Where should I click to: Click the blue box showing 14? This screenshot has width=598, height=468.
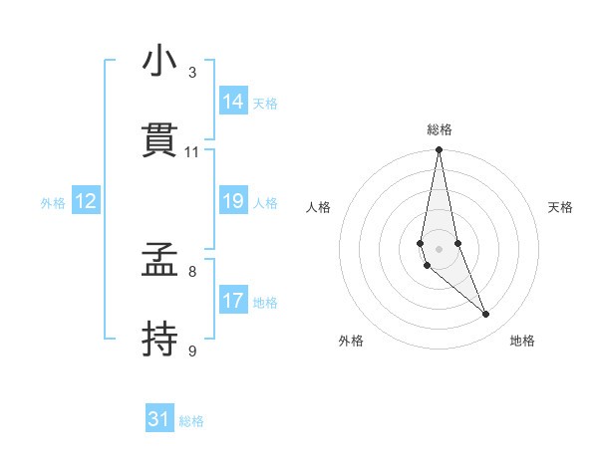point(233,102)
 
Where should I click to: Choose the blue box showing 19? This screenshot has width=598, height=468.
point(233,201)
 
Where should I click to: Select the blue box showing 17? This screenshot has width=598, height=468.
point(233,301)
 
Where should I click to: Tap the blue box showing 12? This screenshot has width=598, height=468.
point(85,201)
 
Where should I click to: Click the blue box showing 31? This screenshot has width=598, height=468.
point(159,419)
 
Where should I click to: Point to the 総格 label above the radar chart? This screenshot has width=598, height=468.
point(440,129)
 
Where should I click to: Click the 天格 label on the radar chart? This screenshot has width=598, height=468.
point(561,207)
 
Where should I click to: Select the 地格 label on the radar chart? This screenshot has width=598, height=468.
point(522,341)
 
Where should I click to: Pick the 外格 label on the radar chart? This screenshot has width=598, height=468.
point(351,341)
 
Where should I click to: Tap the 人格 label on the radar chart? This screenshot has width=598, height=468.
point(318,207)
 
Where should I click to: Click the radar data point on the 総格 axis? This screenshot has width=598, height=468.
point(439,150)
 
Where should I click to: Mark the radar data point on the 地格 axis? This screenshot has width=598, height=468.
point(486,315)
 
